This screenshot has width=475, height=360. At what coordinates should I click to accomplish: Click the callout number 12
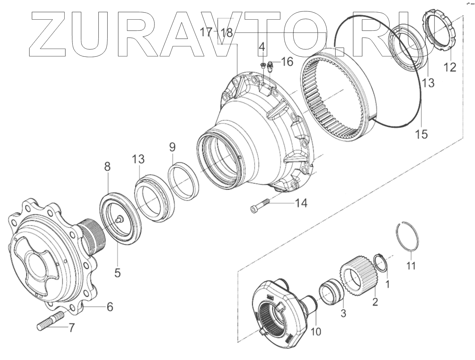(x=450, y=67)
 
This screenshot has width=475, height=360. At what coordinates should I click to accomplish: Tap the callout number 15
(x=422, y=134)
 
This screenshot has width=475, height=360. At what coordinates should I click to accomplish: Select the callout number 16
(x=287, y=62)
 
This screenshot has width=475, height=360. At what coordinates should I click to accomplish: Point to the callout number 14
(x=301, y=203)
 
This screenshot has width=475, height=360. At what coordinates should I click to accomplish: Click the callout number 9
(x=172, y=147)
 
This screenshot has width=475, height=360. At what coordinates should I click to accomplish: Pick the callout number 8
(x=107, y=167)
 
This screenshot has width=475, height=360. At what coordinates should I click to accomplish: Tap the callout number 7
(x=71, y=328)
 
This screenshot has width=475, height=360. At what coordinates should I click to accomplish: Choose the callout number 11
(x=411, y=266)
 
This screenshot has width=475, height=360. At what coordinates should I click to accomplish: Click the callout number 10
(x=316, y=331)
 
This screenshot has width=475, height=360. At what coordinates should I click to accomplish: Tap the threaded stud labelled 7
(x=51, y=321)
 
